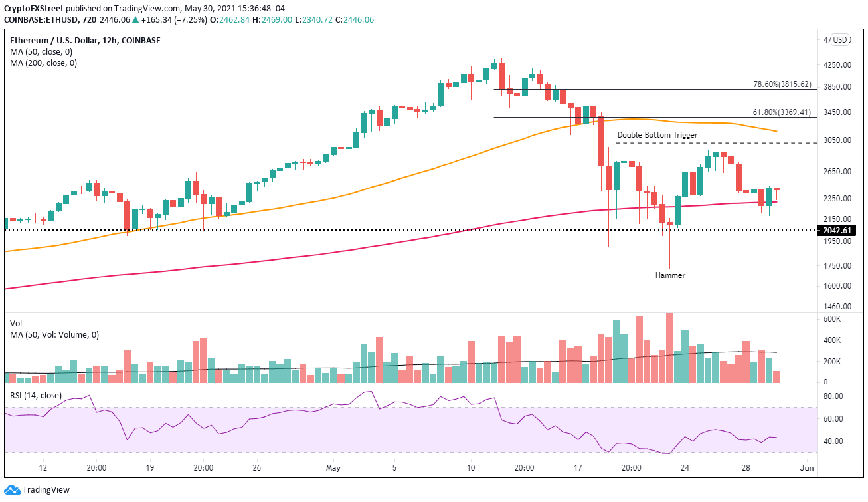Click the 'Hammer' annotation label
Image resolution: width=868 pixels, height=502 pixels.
pos(669,275)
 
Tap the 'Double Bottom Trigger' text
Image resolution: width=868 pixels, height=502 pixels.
pos(657,135)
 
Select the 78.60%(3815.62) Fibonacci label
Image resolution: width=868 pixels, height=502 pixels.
pos(782,84)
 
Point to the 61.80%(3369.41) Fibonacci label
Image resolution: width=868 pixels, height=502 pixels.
pos(782,112)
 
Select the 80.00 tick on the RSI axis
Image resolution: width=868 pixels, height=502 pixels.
pos(832,396)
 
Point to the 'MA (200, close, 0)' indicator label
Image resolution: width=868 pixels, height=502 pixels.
pos(43,63)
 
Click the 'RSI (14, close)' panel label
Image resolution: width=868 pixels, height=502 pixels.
pos(36,396)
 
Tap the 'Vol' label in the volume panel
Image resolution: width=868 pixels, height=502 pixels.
pos(16,322)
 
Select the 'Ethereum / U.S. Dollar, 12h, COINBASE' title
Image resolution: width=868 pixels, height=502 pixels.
pos(85,40)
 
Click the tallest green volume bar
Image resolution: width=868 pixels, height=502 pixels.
pos(617,351)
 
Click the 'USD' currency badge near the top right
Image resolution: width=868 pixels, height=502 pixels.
pos(841,40)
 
